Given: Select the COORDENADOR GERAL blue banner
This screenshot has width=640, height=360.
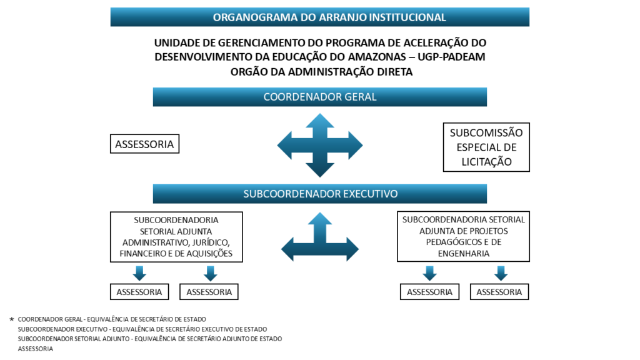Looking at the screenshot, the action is (x=319, y=97).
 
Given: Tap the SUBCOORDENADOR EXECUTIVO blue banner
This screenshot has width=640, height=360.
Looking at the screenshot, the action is (x=319, y=194).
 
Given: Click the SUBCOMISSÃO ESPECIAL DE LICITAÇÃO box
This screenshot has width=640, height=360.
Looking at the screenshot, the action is (x=486, y=147).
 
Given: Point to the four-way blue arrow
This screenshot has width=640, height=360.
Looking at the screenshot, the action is (x=320, y=145).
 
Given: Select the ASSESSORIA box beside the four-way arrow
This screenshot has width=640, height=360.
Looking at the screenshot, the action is (x=144, y=144).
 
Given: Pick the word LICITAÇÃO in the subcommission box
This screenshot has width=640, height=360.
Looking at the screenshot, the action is (x=486, y=162).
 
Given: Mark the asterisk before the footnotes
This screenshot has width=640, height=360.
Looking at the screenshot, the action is (x=12, y=319).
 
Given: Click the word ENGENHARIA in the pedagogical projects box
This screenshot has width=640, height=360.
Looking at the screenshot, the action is (x=464, y=254).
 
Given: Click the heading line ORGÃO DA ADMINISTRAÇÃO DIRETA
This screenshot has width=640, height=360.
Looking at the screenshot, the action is (x=322, y=72).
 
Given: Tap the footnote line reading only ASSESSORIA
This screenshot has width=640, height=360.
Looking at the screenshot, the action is (x=36, y=349).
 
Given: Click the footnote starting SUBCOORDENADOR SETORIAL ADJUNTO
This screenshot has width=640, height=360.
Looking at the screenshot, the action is (x=150, y=339).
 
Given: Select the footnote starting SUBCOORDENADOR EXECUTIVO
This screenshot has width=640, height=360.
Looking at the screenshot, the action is (x=142, y=329).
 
